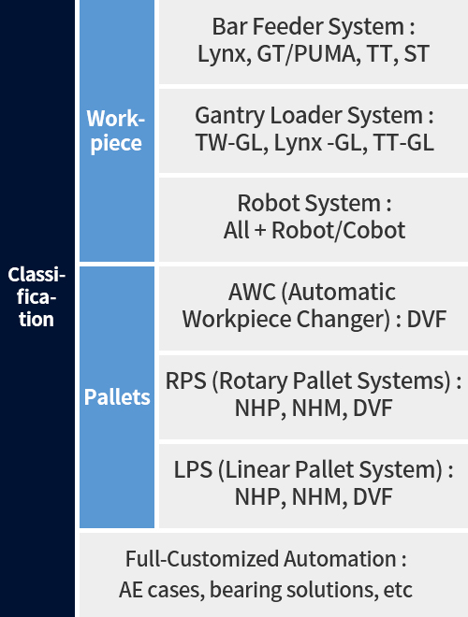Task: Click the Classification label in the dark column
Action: click(37, 296)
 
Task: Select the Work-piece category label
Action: click(116, 130)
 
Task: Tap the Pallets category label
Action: click(117, 396)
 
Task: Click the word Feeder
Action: click(287, 27)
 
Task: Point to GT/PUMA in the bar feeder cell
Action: click(308, 54)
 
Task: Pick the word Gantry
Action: click(229, 116)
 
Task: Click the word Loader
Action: click(306, 115)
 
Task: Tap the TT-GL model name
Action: click(403, 142)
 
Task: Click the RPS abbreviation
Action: click(185, 380)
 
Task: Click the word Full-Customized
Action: click(202, 559)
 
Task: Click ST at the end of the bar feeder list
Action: click(416, 54)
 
